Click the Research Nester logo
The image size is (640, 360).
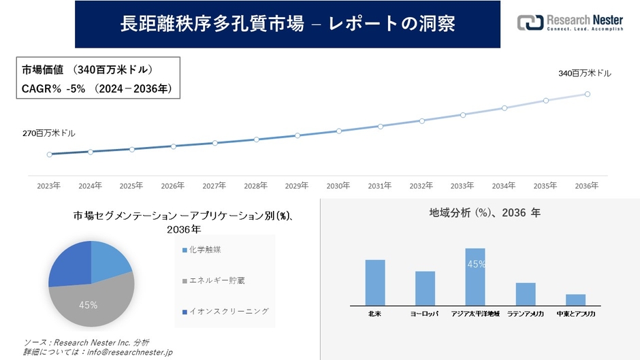click(570, 22)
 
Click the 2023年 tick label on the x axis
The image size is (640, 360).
click(48, 185)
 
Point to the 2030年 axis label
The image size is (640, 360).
click(338, 185)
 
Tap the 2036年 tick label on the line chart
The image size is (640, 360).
click(586, 185)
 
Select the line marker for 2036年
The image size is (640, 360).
click(587, 94)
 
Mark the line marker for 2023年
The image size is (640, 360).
click(49, 154)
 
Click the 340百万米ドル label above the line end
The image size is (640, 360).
click(585, 73)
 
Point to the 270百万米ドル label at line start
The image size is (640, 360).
click(49, 133)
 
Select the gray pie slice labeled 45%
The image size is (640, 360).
click(89, 303)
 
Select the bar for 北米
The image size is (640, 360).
click(375, 282)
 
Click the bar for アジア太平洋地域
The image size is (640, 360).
click(475, 277)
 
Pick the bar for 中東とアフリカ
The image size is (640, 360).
click(575, 299)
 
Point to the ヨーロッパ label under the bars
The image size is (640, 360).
click(425, 314)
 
